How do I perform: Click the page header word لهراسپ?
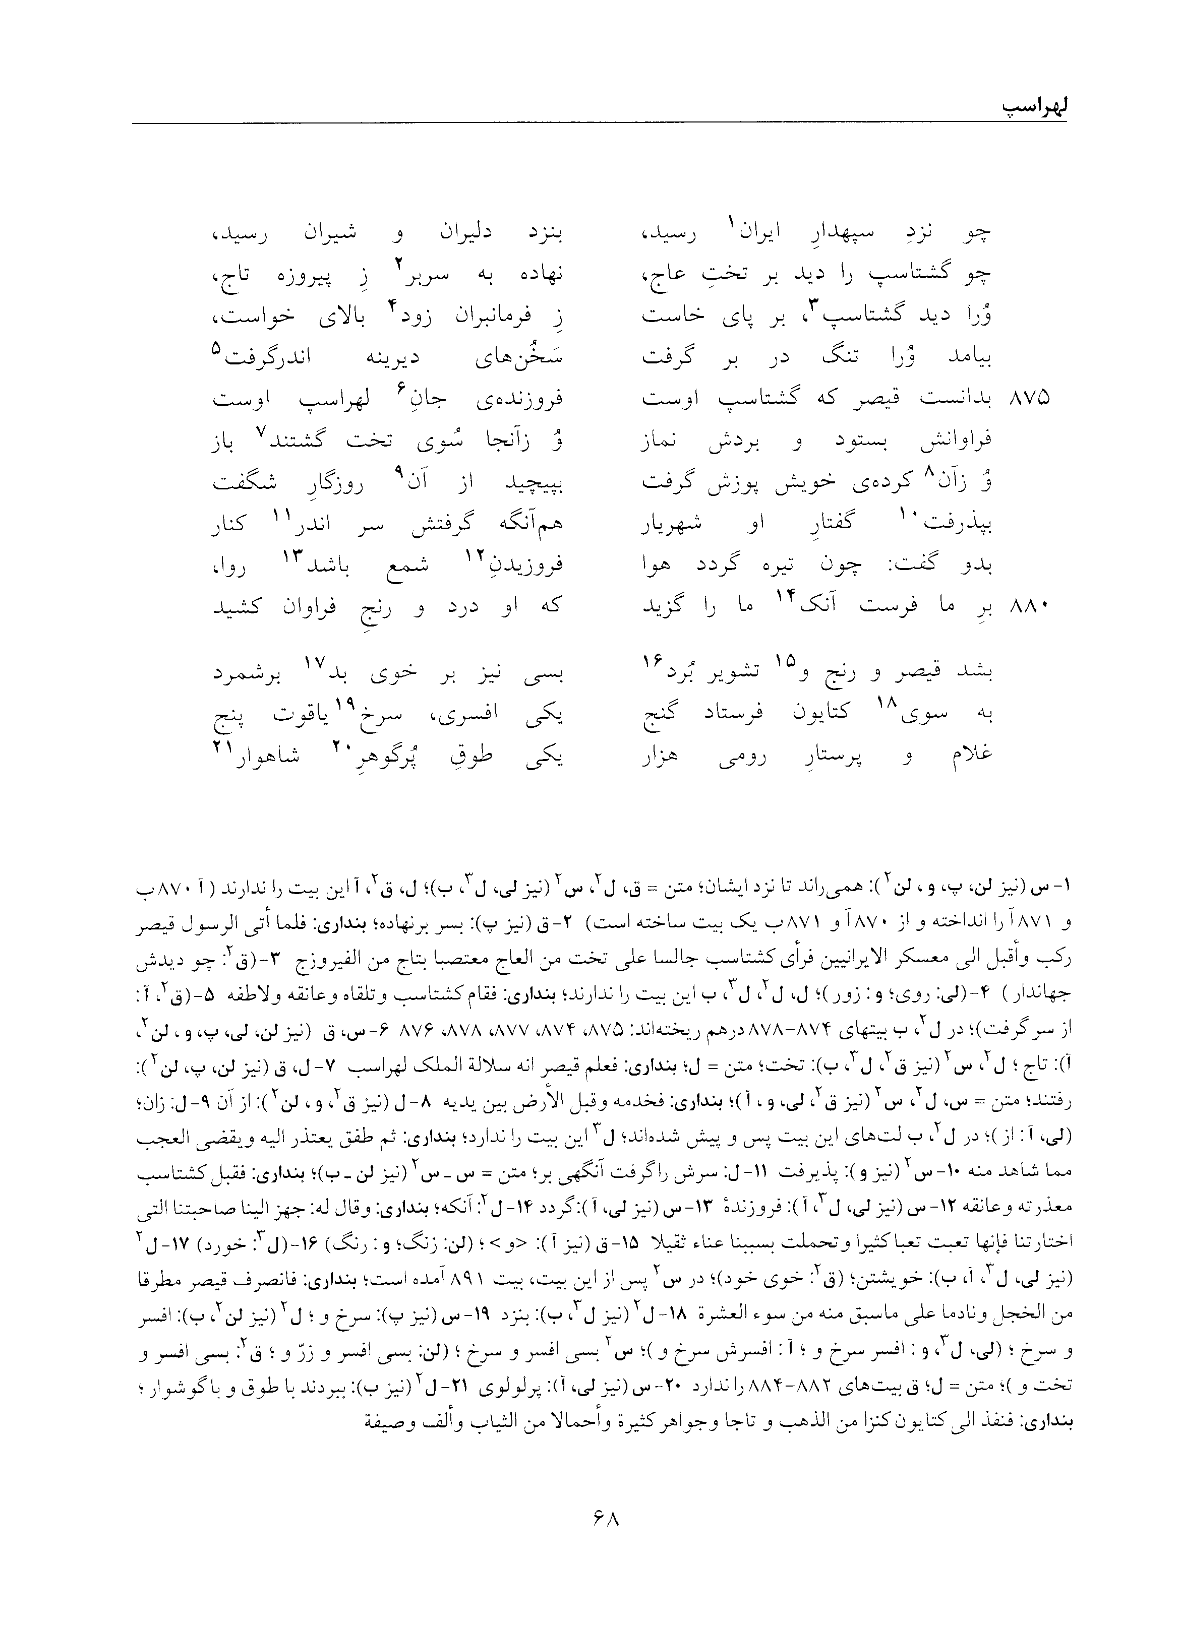point(1024,107)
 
